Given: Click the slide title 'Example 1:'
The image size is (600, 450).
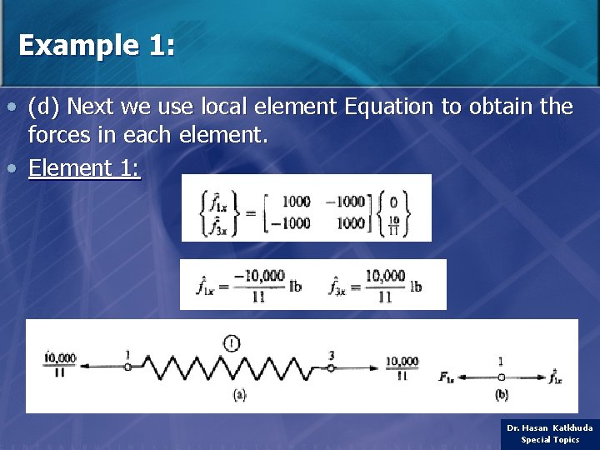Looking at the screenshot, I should point(97,45).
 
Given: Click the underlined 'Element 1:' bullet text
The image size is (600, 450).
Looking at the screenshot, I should point(84,168).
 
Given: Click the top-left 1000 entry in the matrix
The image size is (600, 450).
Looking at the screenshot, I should point(296,201).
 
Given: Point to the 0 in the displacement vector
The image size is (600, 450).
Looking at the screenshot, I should point(392,202).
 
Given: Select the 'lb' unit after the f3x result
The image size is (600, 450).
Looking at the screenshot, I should point(416,286).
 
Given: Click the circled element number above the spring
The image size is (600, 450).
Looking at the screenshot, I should point(232,341).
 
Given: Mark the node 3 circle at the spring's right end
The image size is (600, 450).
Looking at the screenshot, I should point(330,367).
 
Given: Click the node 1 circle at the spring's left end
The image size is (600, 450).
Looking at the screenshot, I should point(127,367).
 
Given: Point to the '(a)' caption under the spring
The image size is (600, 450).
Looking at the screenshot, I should point(239,395).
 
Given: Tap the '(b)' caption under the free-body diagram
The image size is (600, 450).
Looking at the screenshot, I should point(502,394).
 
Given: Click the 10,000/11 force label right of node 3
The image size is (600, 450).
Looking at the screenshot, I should point(402,367).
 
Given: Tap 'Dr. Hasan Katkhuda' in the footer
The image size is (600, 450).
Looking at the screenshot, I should point(550,427).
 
